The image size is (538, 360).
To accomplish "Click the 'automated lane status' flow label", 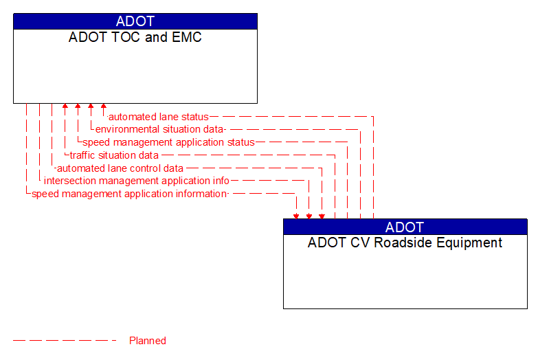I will (159, 117).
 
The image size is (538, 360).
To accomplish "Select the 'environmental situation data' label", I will (160, 129).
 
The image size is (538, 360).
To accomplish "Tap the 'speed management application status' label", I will (168, 142).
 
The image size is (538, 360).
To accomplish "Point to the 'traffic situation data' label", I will (114, 155).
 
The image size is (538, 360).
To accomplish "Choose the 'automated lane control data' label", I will (120, 168).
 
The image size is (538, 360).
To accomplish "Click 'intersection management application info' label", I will (137, 181).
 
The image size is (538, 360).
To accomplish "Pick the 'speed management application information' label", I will (129, 194).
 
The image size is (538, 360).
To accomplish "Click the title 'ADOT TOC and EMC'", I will (135, 37).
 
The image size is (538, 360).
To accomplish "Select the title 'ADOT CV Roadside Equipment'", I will (405, 243).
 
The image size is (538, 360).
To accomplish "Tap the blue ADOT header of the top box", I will (135, 21).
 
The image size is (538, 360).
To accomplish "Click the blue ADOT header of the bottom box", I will (405, 227).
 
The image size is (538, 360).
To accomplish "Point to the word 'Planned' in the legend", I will (148, 341).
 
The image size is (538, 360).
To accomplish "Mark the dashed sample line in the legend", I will (65, 341).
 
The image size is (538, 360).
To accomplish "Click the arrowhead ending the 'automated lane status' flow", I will (104, 107).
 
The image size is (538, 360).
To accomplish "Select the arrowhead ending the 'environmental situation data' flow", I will (91, 107).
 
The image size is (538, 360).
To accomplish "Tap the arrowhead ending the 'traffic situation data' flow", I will (65, 107).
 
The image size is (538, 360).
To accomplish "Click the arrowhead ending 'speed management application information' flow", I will (296, 216).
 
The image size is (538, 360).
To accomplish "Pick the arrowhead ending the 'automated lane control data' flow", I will (322, 216).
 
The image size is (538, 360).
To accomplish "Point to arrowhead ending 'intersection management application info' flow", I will (309, 216).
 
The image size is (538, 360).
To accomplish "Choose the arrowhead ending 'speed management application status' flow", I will (78, 107).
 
